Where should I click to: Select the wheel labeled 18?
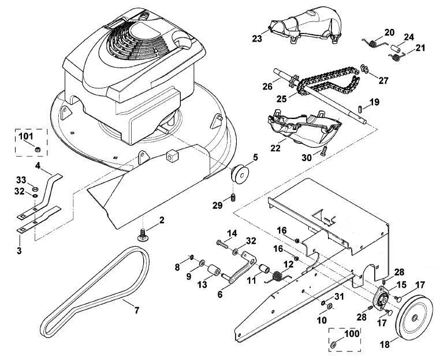coord(414,317)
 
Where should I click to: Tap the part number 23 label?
coord(257,39)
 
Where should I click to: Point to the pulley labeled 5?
coord(240,174)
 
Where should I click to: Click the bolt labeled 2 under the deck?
coord(143,235)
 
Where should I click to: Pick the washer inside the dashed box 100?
coord(333,345)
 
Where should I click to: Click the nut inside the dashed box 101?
coord(37,149)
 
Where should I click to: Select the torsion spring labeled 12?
coord(278,276)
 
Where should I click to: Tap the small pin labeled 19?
coord(360,109)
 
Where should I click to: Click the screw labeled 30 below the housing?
coord(323,150)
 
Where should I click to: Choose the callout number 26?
coord(267,86)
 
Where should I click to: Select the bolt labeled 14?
coord(223,244)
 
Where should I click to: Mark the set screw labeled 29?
coord(233,198)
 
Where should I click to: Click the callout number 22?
coord(275,148)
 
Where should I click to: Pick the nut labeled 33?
coord(36,188)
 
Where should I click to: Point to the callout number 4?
coord(38,165)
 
